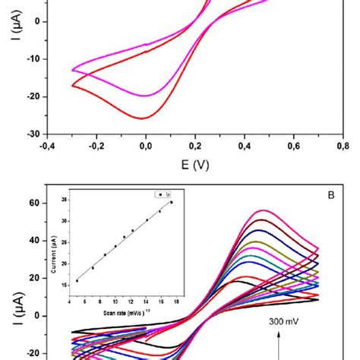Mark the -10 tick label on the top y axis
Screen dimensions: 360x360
pyautogui.click(x=32, y=59)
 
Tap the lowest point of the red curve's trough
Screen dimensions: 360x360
pyautogui.click(x=142, y=118)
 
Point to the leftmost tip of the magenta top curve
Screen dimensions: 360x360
pyautogui.click(x=72, y=70)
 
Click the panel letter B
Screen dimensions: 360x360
pyautogui.click(x=331, y=195)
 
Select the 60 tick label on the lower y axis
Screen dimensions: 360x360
pyautogui.click(x=33, y=204)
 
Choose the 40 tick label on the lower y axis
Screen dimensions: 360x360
pyautogui.click(x=33, y=241)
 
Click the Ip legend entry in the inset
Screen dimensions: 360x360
pyautogui.click(x=165, y=194)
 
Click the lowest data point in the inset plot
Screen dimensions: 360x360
pyautogui.click(x=77, y=281)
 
